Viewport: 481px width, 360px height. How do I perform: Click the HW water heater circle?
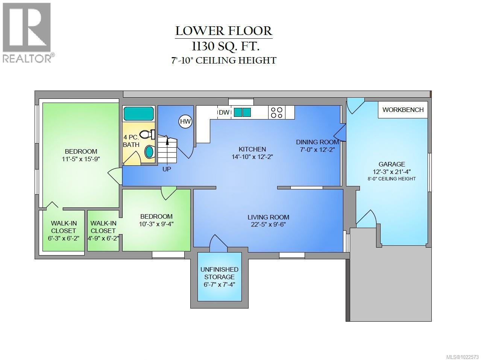pos(185,121)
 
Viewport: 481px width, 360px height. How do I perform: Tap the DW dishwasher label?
pos(224,112)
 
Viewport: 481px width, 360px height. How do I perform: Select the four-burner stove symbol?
pos(276,112)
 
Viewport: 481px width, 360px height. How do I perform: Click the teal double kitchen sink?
pos(243,112)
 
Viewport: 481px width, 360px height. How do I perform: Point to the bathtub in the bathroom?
pos(139,113)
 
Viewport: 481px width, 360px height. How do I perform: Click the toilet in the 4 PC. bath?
pos(146,134)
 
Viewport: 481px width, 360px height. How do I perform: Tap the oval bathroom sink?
pos(149,152)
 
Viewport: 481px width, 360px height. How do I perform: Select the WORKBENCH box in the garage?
pos(403,110)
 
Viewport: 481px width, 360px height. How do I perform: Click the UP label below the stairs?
pos(167,169)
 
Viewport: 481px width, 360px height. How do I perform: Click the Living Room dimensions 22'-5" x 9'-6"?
pos(268,225)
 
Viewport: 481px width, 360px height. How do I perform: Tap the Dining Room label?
pos(317,142)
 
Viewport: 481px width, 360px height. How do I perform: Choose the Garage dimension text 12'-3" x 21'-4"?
pos(391,171)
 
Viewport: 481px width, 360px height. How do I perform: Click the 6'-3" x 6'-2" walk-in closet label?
pos(64,238)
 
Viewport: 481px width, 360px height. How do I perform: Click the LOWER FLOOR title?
pos(224,31)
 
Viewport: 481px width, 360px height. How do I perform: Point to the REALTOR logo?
pos(27,32)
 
